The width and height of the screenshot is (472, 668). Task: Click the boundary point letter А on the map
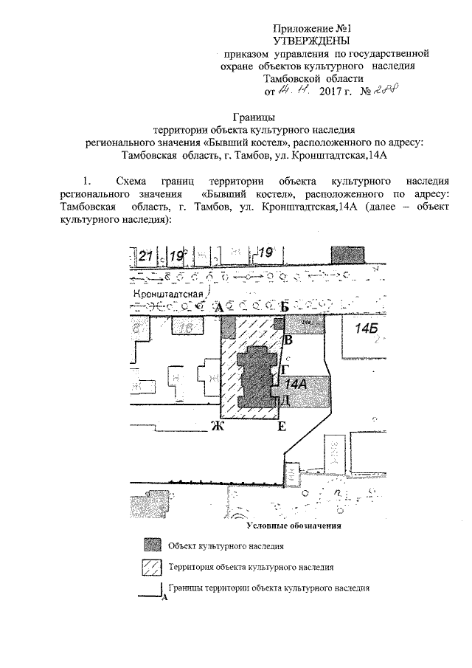(x=218, y=306)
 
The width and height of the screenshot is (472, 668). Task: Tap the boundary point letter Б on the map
(x=284, y=306)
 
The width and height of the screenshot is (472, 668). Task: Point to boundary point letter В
(x=289, y=340)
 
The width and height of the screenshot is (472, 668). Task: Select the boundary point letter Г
(x=285, y=369)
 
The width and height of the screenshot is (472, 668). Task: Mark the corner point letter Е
(x=282, y=427)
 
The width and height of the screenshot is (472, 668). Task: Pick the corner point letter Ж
(x=216, y=427)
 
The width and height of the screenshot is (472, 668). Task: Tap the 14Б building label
(x=366, y=328)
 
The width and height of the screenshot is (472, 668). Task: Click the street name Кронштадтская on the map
(x=168, y=295)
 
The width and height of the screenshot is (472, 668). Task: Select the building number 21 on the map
(x=145, y=255)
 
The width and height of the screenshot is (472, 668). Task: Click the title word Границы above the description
(x=254, y=116)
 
